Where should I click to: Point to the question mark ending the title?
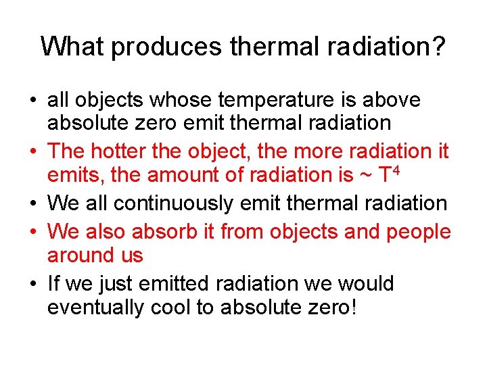[438, 46]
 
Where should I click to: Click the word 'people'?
[419, 231]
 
